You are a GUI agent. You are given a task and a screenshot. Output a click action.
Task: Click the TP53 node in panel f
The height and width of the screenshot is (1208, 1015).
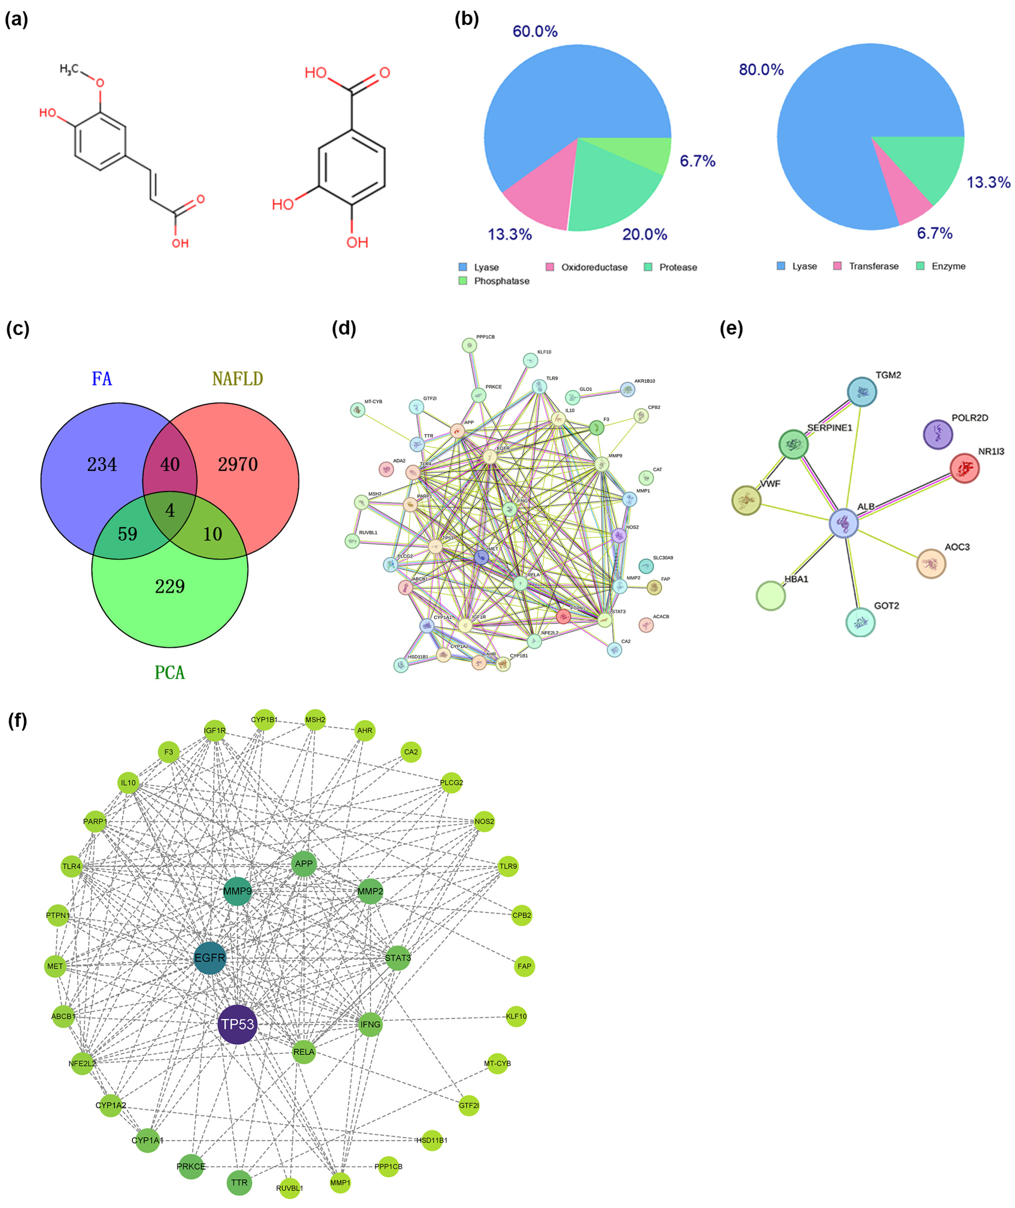coord(238,1024)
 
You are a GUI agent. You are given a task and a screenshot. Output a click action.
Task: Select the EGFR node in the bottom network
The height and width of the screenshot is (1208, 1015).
coord(210,958)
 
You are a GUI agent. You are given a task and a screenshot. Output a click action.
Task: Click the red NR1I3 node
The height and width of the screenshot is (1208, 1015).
coord(964,468)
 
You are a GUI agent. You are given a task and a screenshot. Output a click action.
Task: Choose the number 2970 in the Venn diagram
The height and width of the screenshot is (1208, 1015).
coord(238,464)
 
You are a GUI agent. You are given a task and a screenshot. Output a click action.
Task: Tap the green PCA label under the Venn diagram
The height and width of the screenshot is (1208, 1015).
coord(170,672)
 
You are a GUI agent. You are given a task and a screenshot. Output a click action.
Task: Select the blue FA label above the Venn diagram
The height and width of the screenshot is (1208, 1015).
coord(102,379)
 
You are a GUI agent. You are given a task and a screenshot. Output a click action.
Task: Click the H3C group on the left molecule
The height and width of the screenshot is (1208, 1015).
coord(69,70)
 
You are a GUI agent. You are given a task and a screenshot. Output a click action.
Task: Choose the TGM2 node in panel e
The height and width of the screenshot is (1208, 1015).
coord(861,392)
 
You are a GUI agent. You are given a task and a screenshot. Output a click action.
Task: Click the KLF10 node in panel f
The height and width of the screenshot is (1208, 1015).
coord(516,1016)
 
